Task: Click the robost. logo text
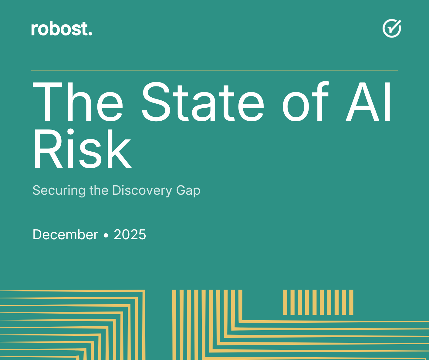tap(61, 29)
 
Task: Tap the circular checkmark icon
tap(392, 29)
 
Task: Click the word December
tap(65, 235)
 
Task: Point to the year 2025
tap(130, 235)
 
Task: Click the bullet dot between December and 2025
tap(106, 235)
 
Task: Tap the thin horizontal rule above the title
tap(214, 70)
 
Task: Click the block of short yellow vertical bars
tap(318, 302)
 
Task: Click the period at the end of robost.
tap(90, 34)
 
